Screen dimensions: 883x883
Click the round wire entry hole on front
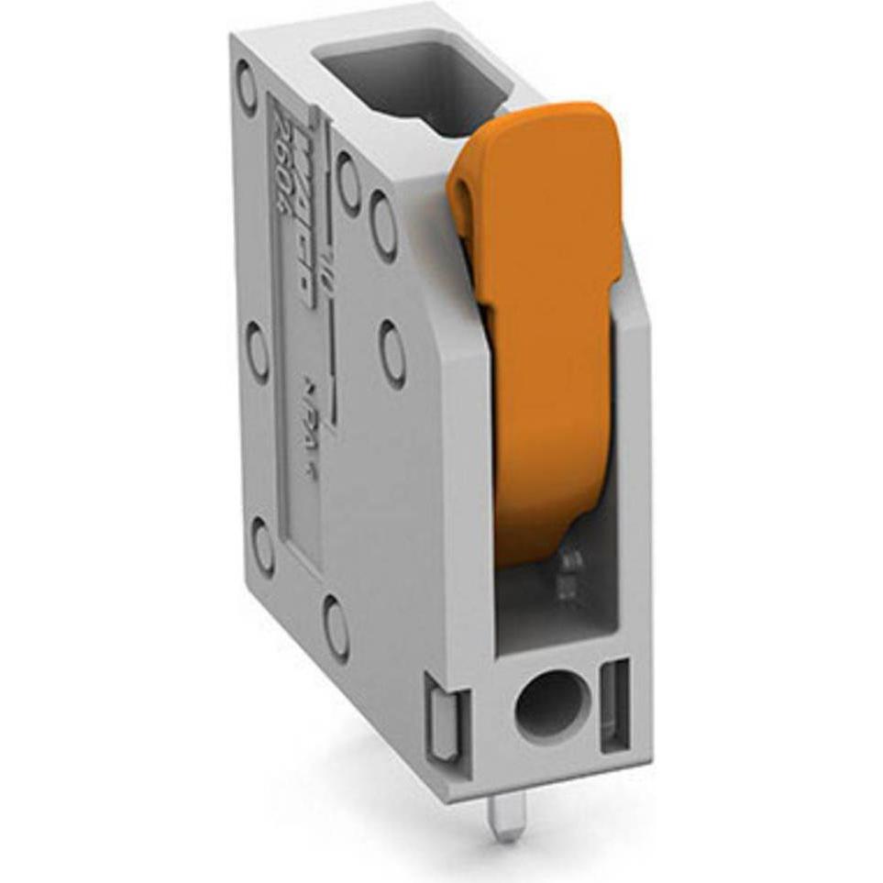click(x=547, y=707)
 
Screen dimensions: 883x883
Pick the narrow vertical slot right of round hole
click(x=613, y=706)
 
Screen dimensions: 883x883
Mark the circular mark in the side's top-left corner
click(x=247, y=87)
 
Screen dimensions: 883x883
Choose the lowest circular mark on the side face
click(x=336, y=628)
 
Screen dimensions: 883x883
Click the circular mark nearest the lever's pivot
click(x=383, y=226)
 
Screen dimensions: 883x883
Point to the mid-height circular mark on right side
click(x=392, y=352)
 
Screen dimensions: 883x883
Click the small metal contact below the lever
click(x=568, y=573)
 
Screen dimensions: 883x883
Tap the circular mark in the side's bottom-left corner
click(x=262, y=546)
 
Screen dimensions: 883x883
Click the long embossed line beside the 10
click(x=329, y=358)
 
